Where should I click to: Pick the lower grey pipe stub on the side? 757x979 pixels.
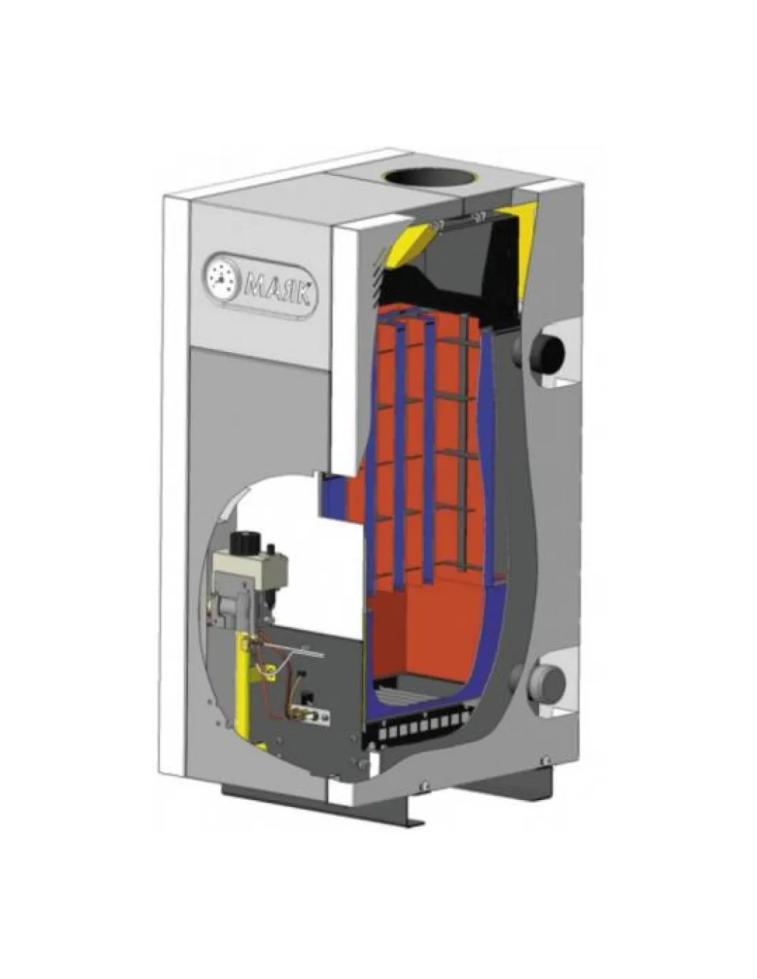click(546, 682)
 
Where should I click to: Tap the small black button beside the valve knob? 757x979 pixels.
click(270, 550)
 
